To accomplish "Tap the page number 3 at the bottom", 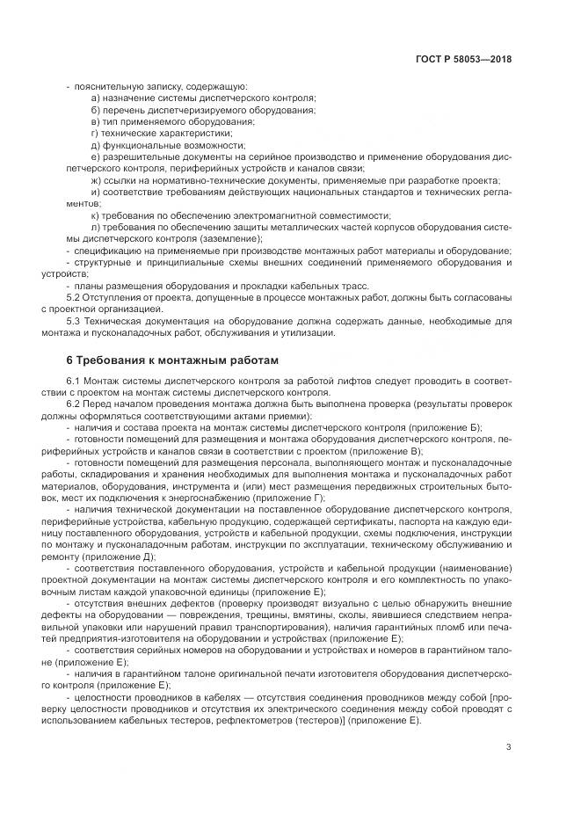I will pos(509,748).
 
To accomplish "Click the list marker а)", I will pos(96,98).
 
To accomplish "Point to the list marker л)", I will pos(96,226).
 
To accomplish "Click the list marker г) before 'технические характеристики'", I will pos(95,133).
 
